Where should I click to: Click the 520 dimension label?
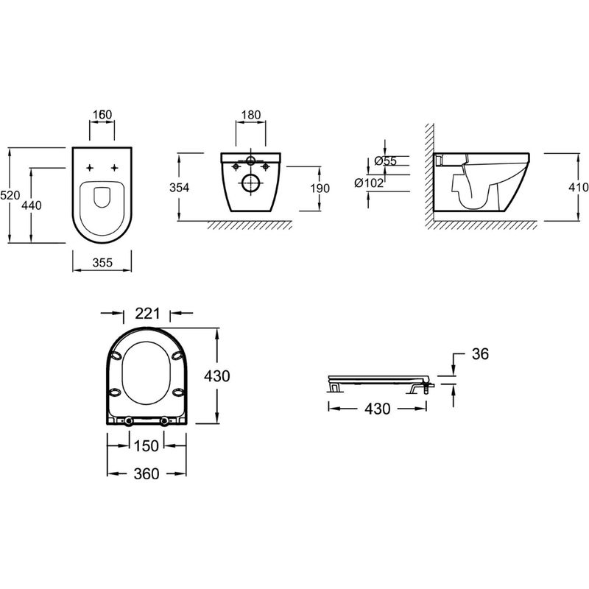point(10,195)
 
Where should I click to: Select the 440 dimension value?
point(32,205)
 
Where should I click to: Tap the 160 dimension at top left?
point(102,114)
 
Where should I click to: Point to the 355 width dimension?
point(102,262)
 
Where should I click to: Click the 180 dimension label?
point(251,115)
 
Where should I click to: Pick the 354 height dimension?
point(179,188)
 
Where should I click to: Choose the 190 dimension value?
point(320,188)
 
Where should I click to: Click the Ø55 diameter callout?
point(386,161)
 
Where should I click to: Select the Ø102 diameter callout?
point(369,183)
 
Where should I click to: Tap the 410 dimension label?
point(579,187)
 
